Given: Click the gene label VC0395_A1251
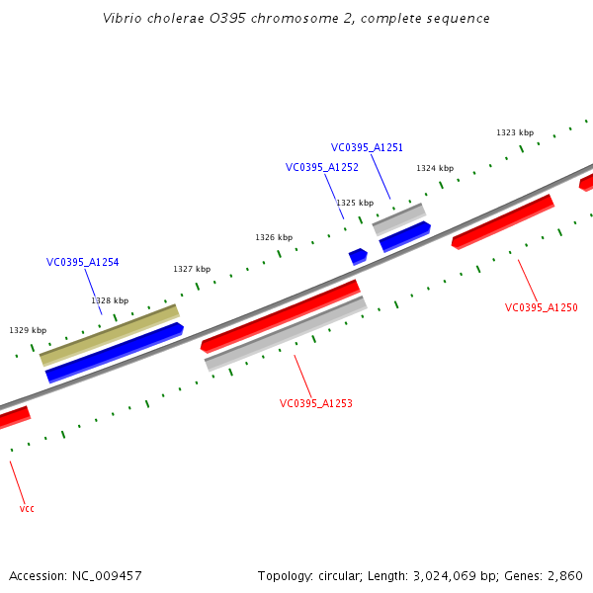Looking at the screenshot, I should click(x=367, y=147).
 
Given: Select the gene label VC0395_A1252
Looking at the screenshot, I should click(x=321, y=168).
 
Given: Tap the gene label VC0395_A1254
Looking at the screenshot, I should click(x=82, y=263).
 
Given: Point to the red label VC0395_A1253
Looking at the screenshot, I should click(x=315, y=403).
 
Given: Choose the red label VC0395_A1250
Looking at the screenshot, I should click(x=541, y=307).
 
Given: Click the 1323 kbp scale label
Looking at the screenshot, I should click(x=514, y=132).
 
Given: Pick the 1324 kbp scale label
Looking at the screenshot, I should click(x=434, y=168).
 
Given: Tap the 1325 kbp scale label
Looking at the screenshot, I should click(x=354, y=203).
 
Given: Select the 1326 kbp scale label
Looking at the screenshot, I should click(x=273, y=237).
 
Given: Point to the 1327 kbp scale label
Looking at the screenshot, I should click(x=191, y=269).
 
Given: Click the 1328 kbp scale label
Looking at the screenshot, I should click(x=109, y=300).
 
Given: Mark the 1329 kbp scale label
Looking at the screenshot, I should click(x=28, y=330).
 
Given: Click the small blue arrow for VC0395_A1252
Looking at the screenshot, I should click(x=358, y=256).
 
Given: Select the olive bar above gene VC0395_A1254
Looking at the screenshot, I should click(x=110, y=334).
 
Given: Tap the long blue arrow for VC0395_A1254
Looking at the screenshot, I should click(x=115, y=352).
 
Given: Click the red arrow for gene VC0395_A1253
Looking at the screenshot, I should click(x=280, y=315).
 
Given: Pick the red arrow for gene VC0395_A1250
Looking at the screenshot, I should click(x=502, y=221).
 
